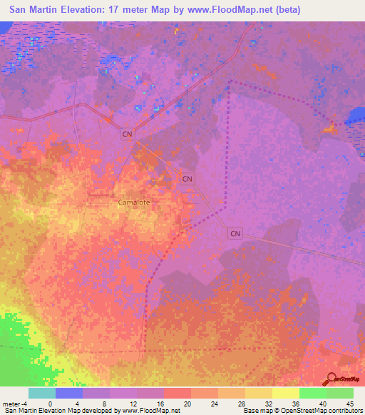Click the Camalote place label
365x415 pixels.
click(133, 203)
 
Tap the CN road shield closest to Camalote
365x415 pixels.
click(187, 178)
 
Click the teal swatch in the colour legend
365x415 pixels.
click(42, 393)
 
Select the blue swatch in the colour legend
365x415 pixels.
click(69, 393)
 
